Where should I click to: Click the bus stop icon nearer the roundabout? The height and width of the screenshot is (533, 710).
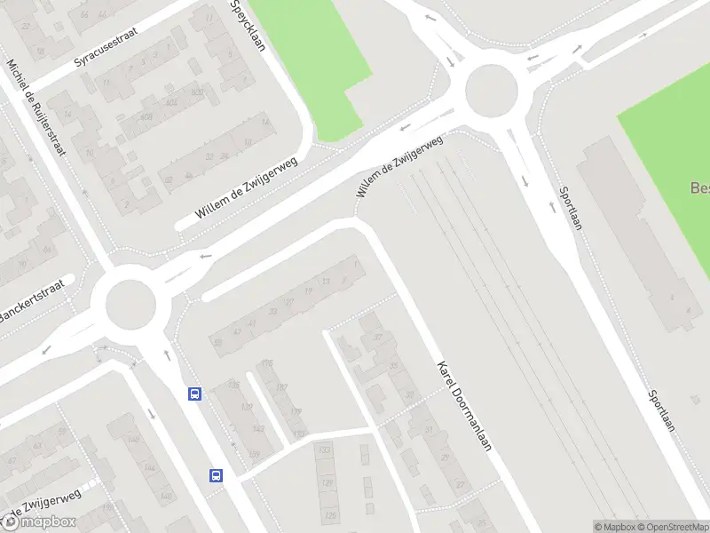pyautogui.click(x=193, y=394)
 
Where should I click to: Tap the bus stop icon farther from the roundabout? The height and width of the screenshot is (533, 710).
pyautogui.click(x=216, y=475)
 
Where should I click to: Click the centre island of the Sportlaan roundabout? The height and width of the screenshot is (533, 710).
pyautogui.click(x=490, y=91)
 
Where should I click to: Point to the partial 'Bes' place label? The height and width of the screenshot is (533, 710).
pyautogui.click(x=699, y=188)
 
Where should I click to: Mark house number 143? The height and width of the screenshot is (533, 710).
pyautogui.click(x=258, y=429)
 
